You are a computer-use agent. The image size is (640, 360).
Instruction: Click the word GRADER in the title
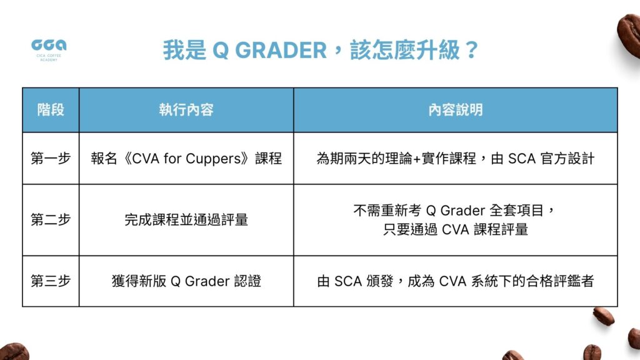(x=281, y=51)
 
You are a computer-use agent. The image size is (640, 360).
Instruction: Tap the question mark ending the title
(x=471, y=50)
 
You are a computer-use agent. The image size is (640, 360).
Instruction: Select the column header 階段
(x=51, y=110)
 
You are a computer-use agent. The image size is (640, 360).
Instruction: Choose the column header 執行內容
(x=186, y=110)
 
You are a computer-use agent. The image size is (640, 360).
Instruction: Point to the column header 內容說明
(x=456, y=110)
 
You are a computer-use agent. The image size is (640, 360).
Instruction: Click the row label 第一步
(x=51, y=158)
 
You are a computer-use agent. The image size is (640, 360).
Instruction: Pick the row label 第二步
(x=51, y=219)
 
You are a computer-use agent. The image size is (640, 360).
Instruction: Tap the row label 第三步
(x=51, y=281)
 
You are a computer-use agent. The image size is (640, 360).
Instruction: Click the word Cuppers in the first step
(x=214, y=159)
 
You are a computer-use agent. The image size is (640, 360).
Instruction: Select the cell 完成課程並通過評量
(x=186, y=219)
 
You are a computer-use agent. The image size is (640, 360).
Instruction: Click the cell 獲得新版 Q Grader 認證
(x=186, y=281)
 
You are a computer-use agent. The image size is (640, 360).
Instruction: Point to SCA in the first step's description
(x=522, y=158)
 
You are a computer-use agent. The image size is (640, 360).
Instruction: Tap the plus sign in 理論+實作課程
(x=417, y=159)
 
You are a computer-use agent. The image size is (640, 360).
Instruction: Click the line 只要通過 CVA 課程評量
(x=456, y=229)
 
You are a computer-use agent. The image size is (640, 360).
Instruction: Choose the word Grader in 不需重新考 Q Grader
(x=463, y=211)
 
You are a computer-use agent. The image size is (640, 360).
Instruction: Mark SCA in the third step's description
(x=348, y=281)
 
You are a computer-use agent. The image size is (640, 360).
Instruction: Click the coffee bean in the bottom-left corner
(x=14, y=352)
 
